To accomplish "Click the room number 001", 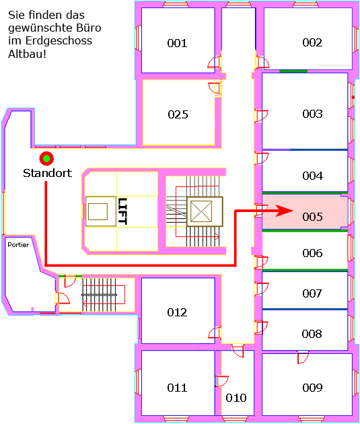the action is tap(177, 43).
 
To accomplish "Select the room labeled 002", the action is tap(312, 42).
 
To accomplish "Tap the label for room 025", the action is tap(178, 114).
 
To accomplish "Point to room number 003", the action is tap(312, 114).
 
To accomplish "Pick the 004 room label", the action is tap(312, 176).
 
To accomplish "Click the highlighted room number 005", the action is tap(312, 217).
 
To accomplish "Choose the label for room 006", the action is tap(312, 253).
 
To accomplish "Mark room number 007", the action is tap(312, 293).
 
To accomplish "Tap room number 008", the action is tap(312, 334).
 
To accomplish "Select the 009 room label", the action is tap(312, 388).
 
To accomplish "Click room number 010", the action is tap(236, 398).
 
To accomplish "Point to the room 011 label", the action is tap(177, 388).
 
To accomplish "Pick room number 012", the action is tap(177, 312).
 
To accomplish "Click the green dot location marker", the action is tap(46, 158).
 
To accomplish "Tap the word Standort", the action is tap(47, 173).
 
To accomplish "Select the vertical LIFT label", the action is tap(122, 211).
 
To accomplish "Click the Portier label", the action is tap(18, 245).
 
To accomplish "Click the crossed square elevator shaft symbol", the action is tap(201, 211).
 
